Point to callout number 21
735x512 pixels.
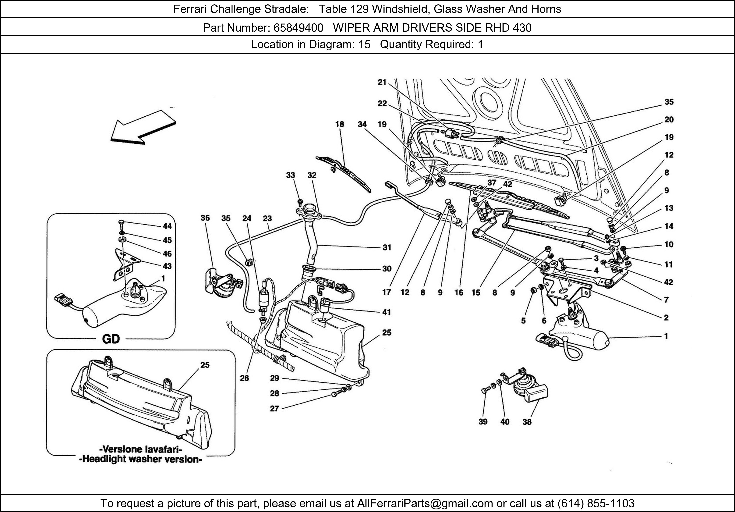(382, 82)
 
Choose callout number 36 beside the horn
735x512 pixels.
(205, 218)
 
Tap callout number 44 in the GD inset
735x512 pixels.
(167, 226)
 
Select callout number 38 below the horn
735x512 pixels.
(527, 422)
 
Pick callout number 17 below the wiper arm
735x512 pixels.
(387, 292)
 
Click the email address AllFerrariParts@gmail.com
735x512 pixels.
(425, 503)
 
